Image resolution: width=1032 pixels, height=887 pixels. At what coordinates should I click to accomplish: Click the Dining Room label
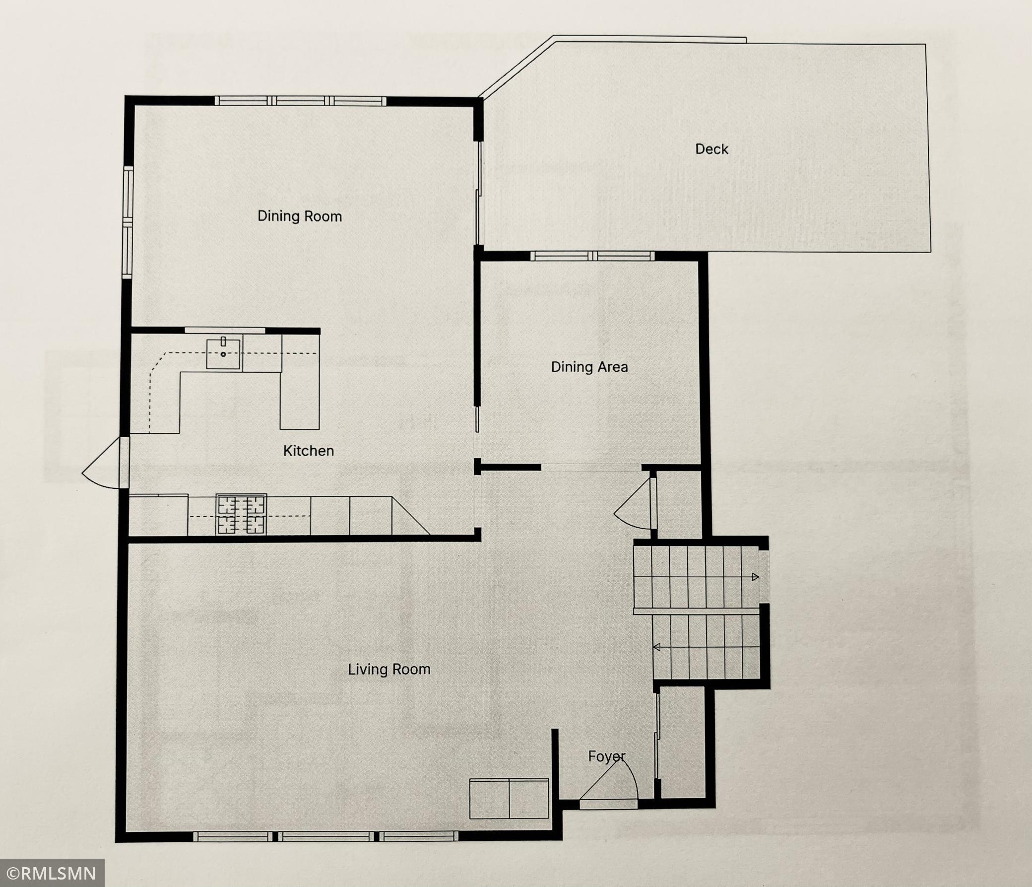click(x=299, y=216)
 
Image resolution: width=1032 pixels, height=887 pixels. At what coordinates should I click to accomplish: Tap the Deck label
click(x=712, y=149)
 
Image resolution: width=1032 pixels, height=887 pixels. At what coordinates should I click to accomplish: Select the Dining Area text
click(x=589, y=367)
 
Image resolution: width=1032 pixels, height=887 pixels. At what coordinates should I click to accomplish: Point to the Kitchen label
click(x=308, y=451)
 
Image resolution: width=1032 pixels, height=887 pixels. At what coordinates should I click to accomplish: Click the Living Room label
click(x=389, y=669)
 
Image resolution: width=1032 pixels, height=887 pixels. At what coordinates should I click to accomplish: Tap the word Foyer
click(x=606, y=756)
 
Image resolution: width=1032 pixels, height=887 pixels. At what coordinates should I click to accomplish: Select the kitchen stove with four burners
click(x=241, y=515)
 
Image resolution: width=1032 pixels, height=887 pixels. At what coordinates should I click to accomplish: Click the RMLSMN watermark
click(x=52, y=873)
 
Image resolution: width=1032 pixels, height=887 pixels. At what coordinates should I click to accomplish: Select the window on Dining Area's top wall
click(x=592, y=256)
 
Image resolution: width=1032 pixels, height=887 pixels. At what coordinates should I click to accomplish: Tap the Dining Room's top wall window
click(x=300, y=101)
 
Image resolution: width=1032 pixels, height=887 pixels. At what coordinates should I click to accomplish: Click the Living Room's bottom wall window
click(x=325, y=836)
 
